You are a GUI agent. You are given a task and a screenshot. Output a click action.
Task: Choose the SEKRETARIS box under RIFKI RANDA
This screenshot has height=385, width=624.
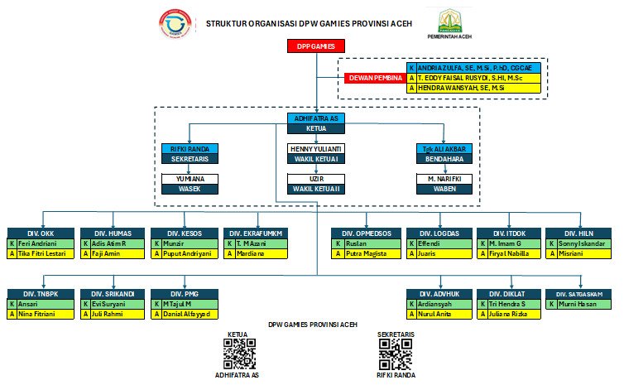190,157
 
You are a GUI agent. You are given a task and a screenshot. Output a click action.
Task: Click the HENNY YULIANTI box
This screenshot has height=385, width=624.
315,148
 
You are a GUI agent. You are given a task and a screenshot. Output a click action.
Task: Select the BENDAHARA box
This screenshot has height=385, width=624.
443,157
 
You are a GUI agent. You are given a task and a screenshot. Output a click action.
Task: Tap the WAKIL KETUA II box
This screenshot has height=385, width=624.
315,189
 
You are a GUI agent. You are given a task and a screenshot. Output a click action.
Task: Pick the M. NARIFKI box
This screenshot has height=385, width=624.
443,179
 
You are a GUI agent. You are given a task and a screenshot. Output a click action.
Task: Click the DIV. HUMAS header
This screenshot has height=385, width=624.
113,233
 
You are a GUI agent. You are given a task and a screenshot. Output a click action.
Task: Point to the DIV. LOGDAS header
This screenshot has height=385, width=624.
438,233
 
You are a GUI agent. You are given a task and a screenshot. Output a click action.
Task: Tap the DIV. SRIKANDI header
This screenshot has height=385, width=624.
113,294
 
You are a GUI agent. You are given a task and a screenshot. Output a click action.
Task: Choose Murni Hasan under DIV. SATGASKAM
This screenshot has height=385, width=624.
583,305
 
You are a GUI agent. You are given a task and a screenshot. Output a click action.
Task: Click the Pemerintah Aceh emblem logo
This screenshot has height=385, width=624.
450,21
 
